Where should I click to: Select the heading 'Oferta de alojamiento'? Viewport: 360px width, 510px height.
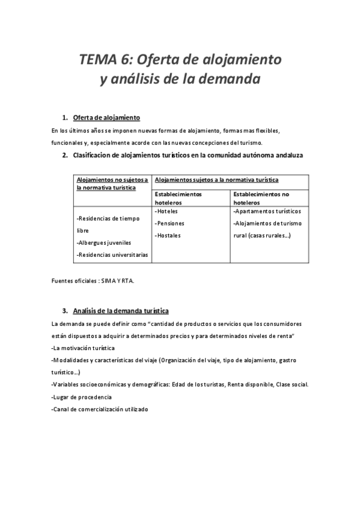(106, 117)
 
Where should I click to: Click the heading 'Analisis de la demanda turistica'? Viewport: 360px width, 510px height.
(120, 311)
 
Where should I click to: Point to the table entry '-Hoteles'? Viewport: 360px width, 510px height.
(168, 212)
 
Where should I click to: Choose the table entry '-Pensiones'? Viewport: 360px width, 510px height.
(171, 223)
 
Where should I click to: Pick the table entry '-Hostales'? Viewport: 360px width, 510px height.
(168, 235)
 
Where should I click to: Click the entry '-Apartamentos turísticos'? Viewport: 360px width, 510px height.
(267, 212)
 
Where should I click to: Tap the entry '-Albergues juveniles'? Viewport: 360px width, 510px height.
(104, 243)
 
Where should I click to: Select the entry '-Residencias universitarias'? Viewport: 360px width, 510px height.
(112, 255)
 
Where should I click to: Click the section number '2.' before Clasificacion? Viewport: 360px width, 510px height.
(65, 155)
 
